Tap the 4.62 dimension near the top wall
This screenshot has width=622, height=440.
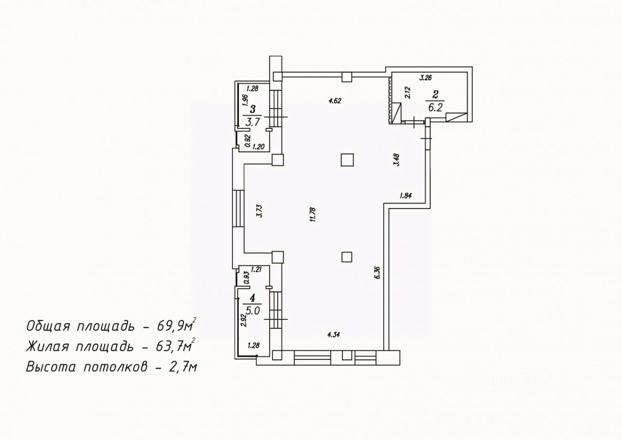point(336,101)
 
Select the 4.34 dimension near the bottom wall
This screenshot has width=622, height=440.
point(334,334)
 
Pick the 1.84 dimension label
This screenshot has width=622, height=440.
point(405,196)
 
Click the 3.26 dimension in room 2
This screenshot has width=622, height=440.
point(425,77)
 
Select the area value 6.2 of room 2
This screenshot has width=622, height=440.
point(434,107)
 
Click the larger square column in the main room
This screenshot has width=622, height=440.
point(347,160)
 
